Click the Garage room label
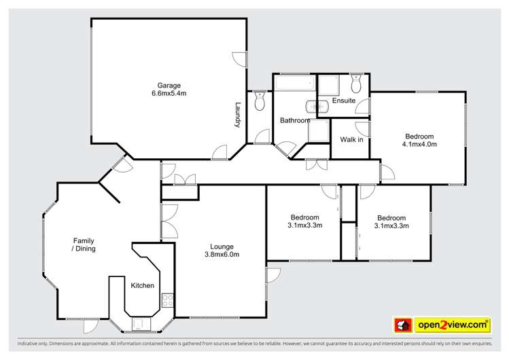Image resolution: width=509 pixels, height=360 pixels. [169, 85]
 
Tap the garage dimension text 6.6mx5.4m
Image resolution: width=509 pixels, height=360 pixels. [169, 93]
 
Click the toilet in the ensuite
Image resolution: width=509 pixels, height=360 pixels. [356, 84]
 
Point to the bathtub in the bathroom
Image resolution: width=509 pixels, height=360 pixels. [294, 83]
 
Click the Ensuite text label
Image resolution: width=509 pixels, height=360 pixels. [343, 101]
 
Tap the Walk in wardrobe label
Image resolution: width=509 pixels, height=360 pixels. [351, 140]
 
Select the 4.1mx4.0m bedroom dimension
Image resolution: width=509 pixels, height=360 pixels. [419, 144]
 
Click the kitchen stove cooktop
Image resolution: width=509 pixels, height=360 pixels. [167, 299]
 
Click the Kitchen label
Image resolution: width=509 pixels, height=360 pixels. [142, 285]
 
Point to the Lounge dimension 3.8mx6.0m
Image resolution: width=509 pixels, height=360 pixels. [222, 255]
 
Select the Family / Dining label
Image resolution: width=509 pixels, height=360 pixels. [84, 245]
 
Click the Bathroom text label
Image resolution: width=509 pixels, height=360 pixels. [295, 121]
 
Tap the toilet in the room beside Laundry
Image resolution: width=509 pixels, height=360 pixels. [257, 102]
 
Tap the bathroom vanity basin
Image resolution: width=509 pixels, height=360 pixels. [313, 106]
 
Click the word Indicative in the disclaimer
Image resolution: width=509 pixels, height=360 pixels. [20, 344]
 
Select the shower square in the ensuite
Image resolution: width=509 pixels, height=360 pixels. [329, 84]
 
